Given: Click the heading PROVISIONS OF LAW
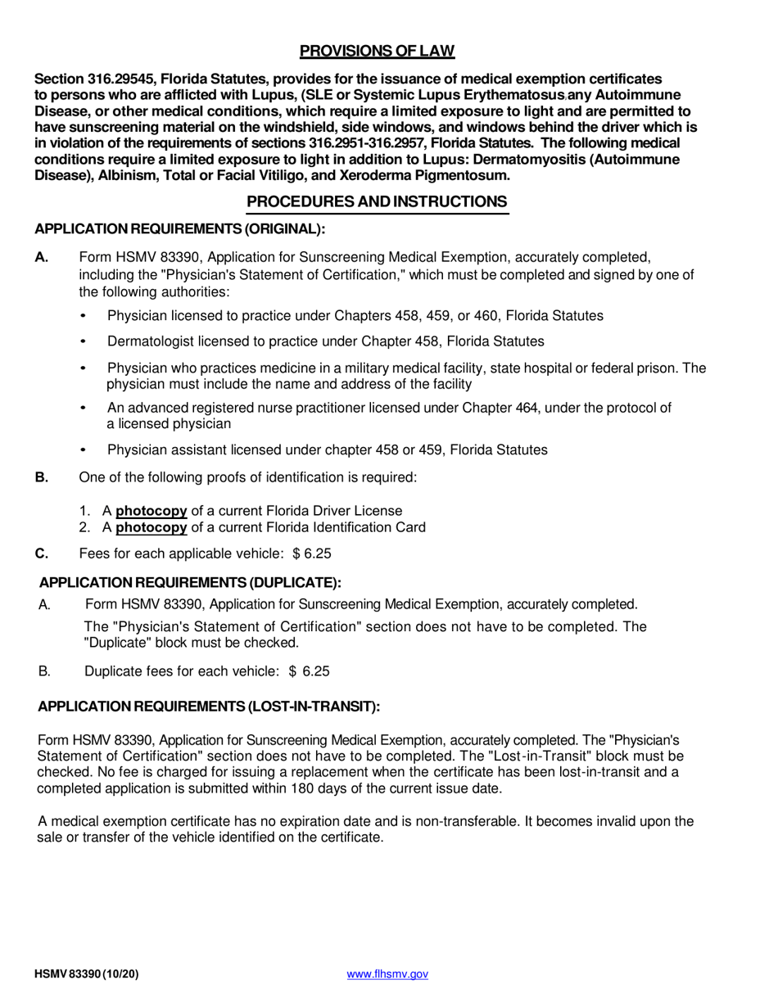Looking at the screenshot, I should [377, 52].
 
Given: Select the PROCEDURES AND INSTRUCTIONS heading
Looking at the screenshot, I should [378, 201].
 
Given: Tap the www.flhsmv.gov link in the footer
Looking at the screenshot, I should [387, 974].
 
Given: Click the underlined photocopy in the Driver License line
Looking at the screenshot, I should [152, 511].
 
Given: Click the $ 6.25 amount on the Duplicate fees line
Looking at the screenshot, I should [309, 671].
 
